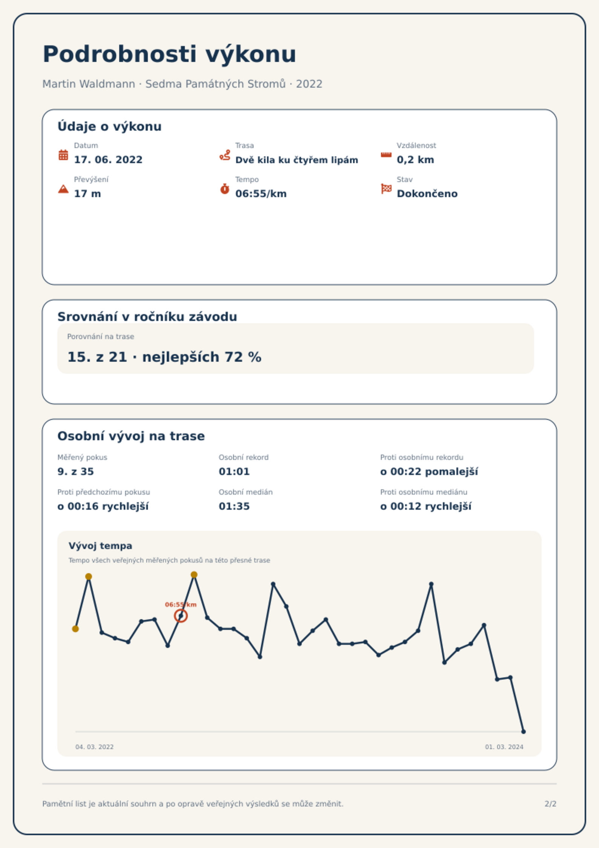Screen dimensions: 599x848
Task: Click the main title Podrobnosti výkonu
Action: [x=169, y=54]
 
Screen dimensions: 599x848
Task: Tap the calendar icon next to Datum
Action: [x=63, y=155]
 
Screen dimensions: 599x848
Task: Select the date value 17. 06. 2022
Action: [x=108, y=160]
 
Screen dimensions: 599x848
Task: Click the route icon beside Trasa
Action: [x=225, y=155]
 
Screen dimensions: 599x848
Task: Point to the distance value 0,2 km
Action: [x=415, y=160]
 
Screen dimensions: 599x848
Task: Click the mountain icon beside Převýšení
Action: [x=63, y=189]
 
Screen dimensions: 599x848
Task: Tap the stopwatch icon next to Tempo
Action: [x=225, y=189]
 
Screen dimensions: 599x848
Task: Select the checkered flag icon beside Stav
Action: [x=386, y=189]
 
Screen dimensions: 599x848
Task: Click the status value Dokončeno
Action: [x=427, y=194]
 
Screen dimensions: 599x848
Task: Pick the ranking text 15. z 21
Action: [x=97, y=357]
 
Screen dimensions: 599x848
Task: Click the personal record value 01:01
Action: [x=234, y=472]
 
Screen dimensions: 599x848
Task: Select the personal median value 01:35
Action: [x=234, y=506]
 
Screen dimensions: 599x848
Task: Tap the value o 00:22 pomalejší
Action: [x=429, y=472]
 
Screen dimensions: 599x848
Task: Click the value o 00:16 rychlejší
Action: [x=103, y=506]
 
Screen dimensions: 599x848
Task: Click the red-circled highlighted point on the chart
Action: [x=181, y=616]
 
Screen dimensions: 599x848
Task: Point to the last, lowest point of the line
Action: [x=523, y=732]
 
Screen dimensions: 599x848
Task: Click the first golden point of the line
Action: [x=75, y=629]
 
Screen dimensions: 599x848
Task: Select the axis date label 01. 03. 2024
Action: [x=504, y=747]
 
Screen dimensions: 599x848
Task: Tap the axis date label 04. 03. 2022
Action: [x=94, y=747]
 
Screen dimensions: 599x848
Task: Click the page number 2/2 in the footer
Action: [x=550, y=804]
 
